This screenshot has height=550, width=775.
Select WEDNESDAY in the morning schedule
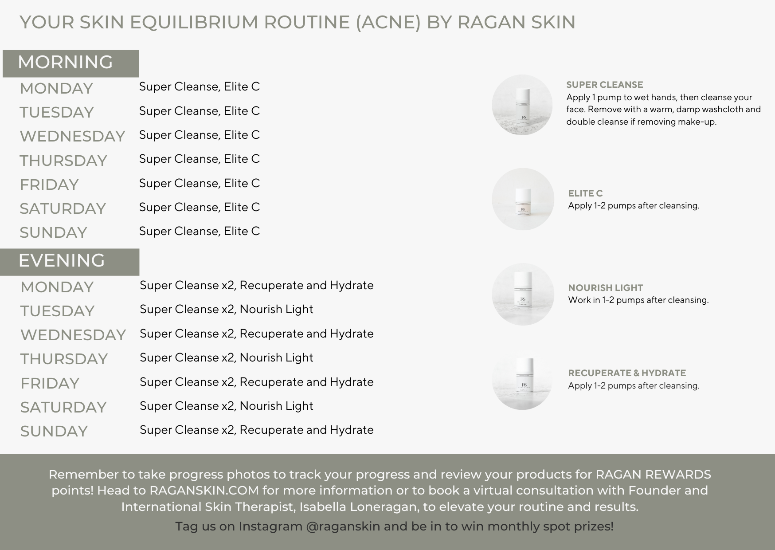(72, 136)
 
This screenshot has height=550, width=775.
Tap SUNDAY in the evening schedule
(54, 431)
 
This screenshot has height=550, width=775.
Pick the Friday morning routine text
(200, 183)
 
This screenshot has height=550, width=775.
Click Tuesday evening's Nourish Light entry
(227, 309)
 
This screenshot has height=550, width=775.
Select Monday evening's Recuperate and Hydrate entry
(257, 285)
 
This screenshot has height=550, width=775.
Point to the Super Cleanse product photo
(522, 105)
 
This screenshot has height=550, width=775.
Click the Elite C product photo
(523, 199)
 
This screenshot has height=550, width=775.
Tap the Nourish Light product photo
(523, 294)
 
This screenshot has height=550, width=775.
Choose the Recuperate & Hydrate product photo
(522, 380)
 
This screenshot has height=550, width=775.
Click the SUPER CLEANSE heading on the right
(605, 85)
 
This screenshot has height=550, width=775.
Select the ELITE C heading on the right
(585, 193)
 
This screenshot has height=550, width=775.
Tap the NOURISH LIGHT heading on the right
(606, 288)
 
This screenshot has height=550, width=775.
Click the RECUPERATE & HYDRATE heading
(627, 373)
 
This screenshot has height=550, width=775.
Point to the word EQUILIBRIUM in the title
(194, 22)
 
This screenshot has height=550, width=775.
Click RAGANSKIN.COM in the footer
(204, 491)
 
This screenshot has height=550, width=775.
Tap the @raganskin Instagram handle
(343, 526)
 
